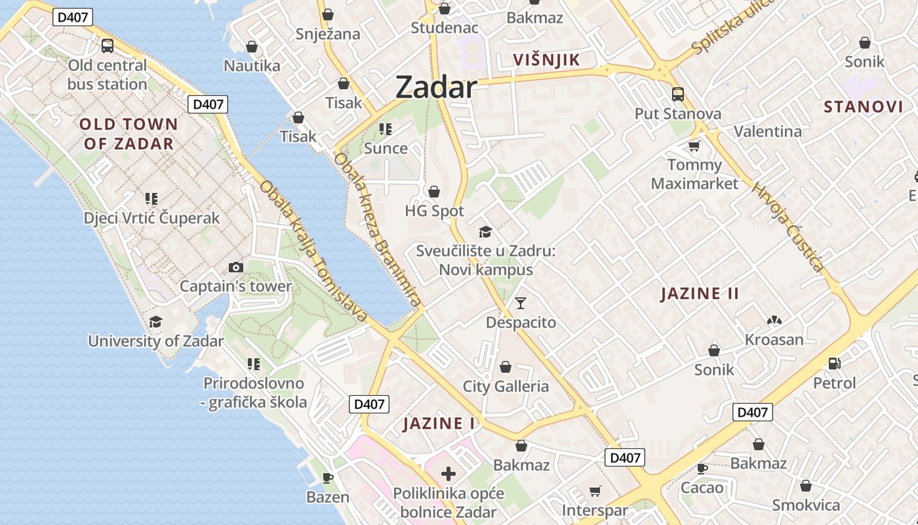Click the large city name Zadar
click(x=435, y=87)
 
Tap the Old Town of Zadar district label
click(x=129, y=134)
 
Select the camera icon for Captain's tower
click(x=236, y=267)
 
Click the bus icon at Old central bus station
click(x=108, y=46)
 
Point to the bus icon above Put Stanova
click(x=678, y=94)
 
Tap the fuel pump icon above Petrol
click(x=835, y=362)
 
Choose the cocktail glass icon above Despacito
click(x=521, y=303)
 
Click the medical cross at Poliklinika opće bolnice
click(x=449, y=474)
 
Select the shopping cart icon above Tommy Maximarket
click(x=694, y=146)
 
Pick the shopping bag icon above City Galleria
click(x=506, y=366)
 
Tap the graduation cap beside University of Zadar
click(x=155, y=322)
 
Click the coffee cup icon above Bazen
click(x=328, y=478)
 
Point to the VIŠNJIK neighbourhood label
click(x=546, y=60)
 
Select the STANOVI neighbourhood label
click(x=863, y=107)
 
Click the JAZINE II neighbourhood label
click(x=700, y=293)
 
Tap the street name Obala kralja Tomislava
click(x=313, y=251)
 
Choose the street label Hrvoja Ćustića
click(x=788, y=226)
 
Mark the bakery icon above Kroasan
click(x=774, y=320)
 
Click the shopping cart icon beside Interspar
click(x=595, y=491)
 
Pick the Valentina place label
click(x=768, y=131)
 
